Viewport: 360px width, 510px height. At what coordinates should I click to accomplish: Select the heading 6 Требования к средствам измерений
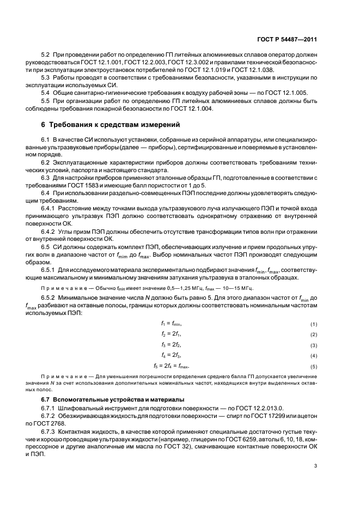point(107,124)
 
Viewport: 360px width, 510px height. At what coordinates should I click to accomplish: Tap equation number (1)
point(314,324)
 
